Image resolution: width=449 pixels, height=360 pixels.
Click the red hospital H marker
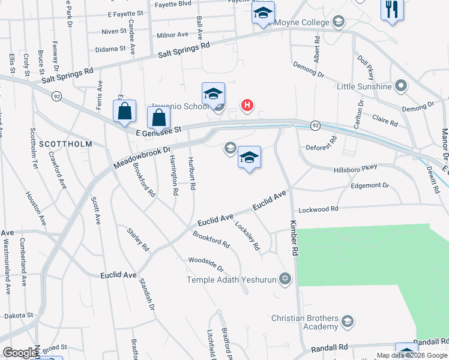pos(247,106)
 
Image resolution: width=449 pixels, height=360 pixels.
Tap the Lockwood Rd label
pos(319,209)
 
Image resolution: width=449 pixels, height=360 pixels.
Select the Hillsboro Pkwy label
pos(356,170)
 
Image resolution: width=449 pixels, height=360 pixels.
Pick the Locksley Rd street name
pos(247,236)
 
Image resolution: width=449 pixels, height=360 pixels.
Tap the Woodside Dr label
pos(206,264)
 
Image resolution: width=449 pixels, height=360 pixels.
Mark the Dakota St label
pos(16,315)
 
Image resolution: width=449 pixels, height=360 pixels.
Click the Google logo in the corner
pos(20,353)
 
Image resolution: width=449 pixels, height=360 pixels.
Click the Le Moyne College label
pos(302,23)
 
